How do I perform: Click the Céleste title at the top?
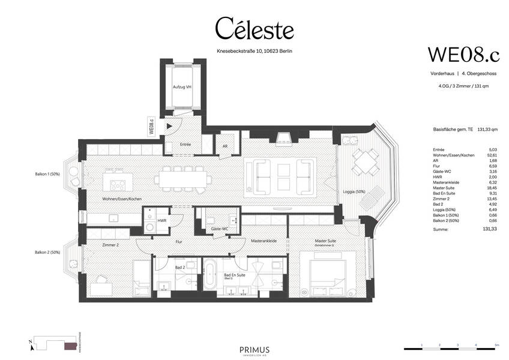(254, 29)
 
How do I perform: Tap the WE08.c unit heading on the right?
(463, 54)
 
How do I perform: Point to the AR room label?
(225, 145)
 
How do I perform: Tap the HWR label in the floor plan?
(161, 220)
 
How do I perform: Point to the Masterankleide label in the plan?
(264, 240)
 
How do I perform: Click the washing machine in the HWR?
(149, 227)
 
